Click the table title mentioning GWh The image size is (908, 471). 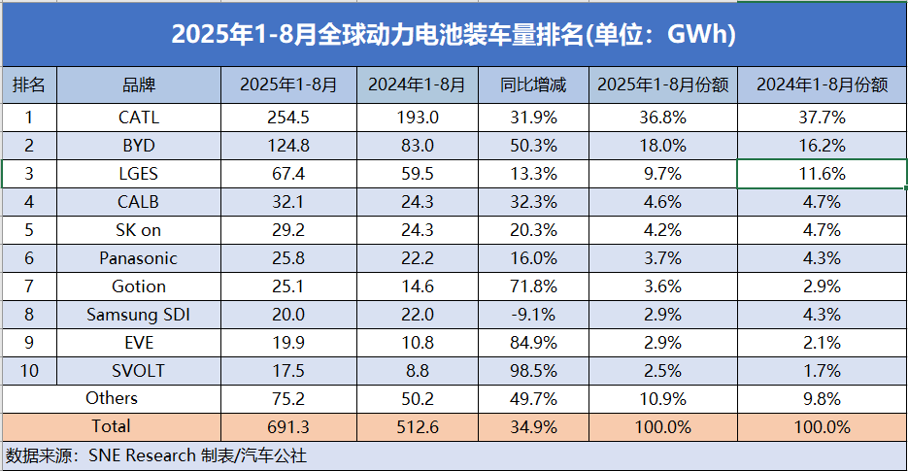pyautogui.click(x=454, y=34)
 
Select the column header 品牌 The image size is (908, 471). pyautogui.click(x=139, y=85)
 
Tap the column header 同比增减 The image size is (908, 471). pyautogui.click(x=533, y=85)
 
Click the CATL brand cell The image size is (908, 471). pyautogui.click(x=139, y=118)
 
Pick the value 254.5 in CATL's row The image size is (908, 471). pyautogui.click(x=288, y=118)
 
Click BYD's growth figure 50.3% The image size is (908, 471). pyautogui.click(x=533, y=147)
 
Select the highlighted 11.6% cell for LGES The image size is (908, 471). pyautogui.click(x=821, y=175)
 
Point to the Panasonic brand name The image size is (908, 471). pyautogui.click(x=139, y=258)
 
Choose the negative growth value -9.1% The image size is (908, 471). pyautogui.click(x=533, y=315)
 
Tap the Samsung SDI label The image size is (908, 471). pyautogui.click(x=139, y=315)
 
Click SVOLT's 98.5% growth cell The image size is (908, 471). pyautogui.click(x=533, y=370)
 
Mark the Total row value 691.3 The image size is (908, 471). pyautogui.click(x=288, y=426)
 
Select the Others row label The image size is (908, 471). pyautogui.click(x=112, y=398)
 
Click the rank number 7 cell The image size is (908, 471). pyautogui.click(x=29, y=286)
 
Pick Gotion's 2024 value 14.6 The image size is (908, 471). pyautogui.click(x=418, y=286)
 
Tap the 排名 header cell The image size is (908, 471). pyautogui.click(x=29, y=85)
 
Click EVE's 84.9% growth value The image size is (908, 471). pyautogui.click(x=533, y=343)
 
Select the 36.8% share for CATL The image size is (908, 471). pyautogui.click(x=663, y=118)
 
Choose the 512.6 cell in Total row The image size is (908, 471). pyautogui.click(x=418, y=426)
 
